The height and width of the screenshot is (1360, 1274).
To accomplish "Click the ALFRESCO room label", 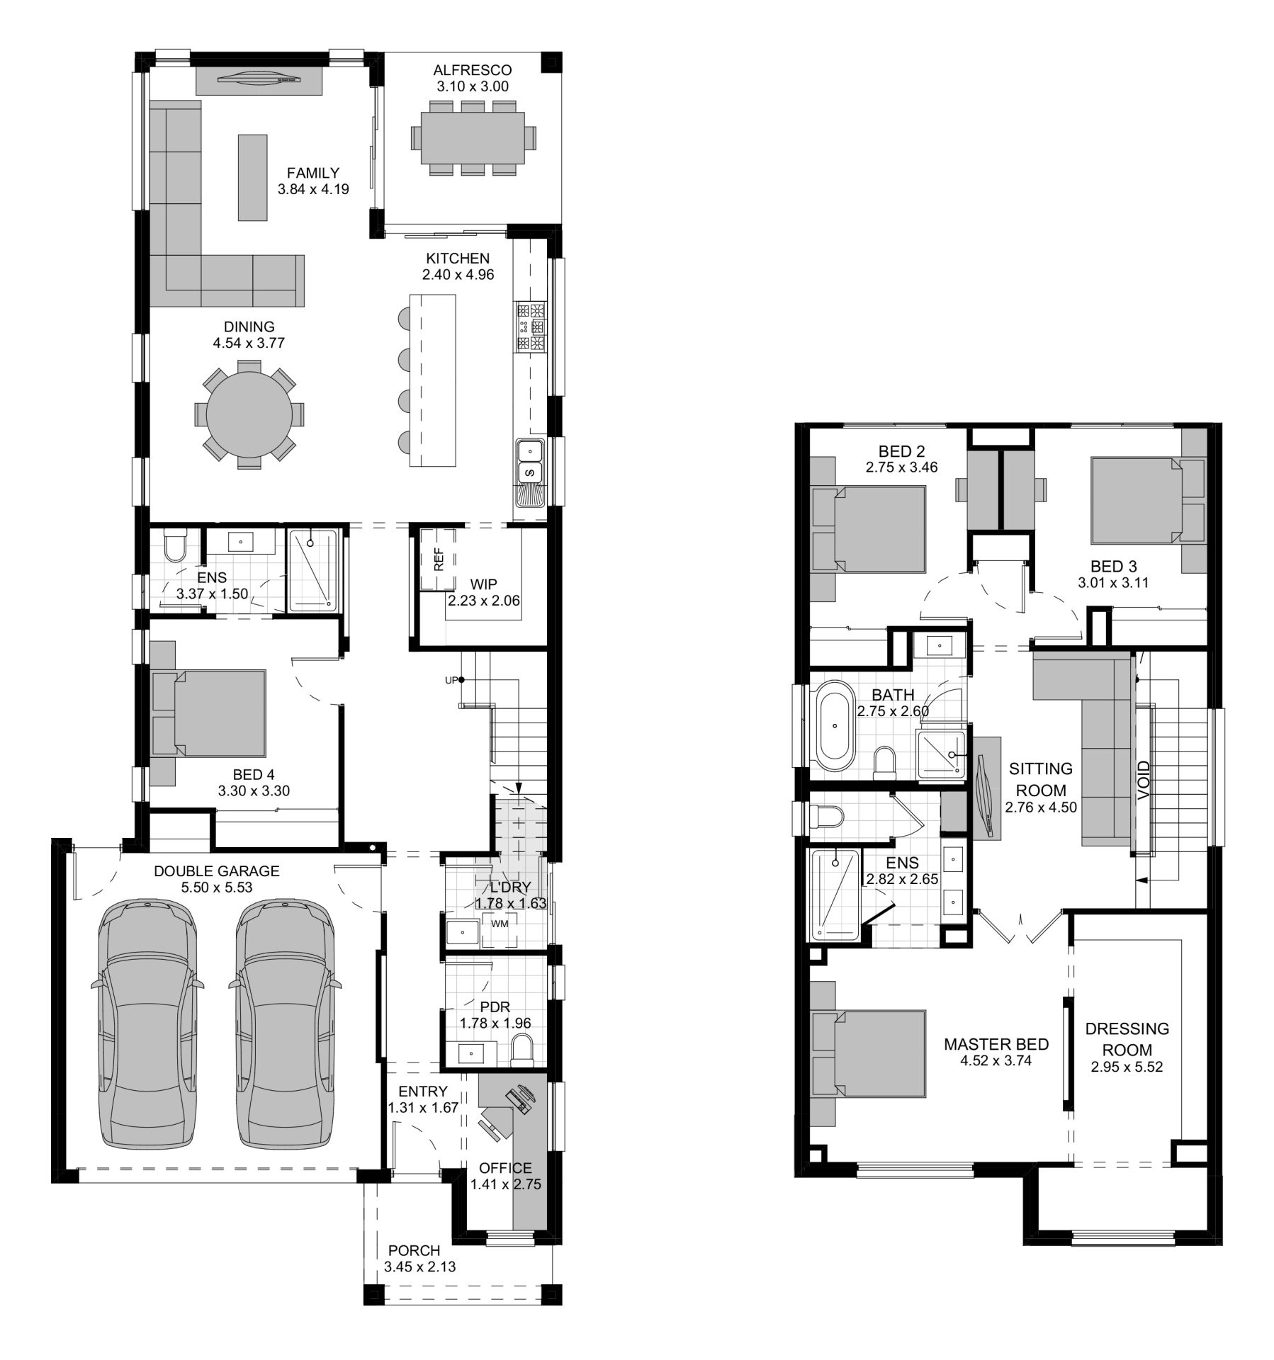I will (472, 70).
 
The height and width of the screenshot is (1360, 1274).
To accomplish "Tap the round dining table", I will (249, 414).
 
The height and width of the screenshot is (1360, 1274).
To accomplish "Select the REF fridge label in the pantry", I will (439, 559).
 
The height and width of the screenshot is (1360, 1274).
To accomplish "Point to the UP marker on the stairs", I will (451, 680).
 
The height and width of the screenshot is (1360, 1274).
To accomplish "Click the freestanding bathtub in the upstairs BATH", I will (835, 725).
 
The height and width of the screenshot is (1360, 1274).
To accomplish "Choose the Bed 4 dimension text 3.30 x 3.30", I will (254, 791).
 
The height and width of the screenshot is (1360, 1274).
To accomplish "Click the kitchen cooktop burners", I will (531, 327).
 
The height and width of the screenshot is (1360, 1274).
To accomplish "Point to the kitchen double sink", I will (529, 461).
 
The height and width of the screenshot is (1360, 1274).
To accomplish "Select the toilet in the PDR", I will (523, 1050).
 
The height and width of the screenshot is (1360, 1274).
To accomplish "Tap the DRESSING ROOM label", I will (1127, 1039).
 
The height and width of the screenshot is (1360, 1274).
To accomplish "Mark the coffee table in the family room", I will (253, 178).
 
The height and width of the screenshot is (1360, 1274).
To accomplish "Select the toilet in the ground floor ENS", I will (174, 547).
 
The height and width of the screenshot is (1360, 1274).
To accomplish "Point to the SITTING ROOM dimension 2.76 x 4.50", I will (1041, 807).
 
